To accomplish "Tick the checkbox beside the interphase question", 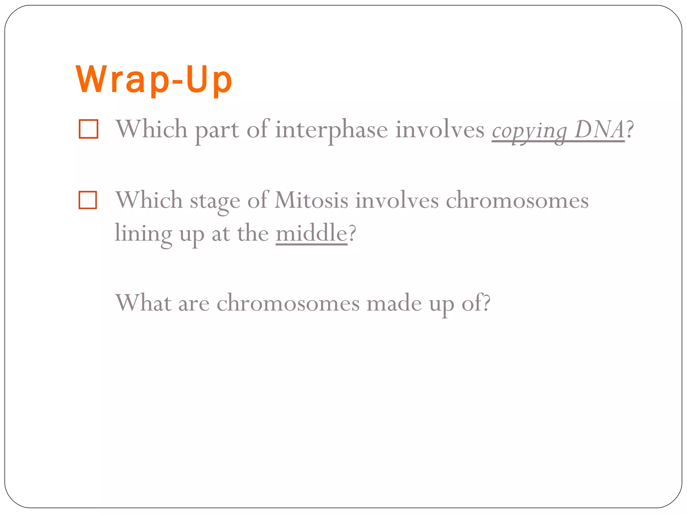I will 88,129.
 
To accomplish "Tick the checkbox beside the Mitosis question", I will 88,200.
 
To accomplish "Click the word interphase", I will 331,130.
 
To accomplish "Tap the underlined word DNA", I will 599,130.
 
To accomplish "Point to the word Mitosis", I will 311,201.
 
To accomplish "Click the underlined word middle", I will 311,233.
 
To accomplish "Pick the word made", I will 394,303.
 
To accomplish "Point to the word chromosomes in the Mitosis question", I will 517,201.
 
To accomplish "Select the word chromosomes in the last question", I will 288,303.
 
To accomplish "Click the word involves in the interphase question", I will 440,130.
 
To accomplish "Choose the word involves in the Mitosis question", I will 397,201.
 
